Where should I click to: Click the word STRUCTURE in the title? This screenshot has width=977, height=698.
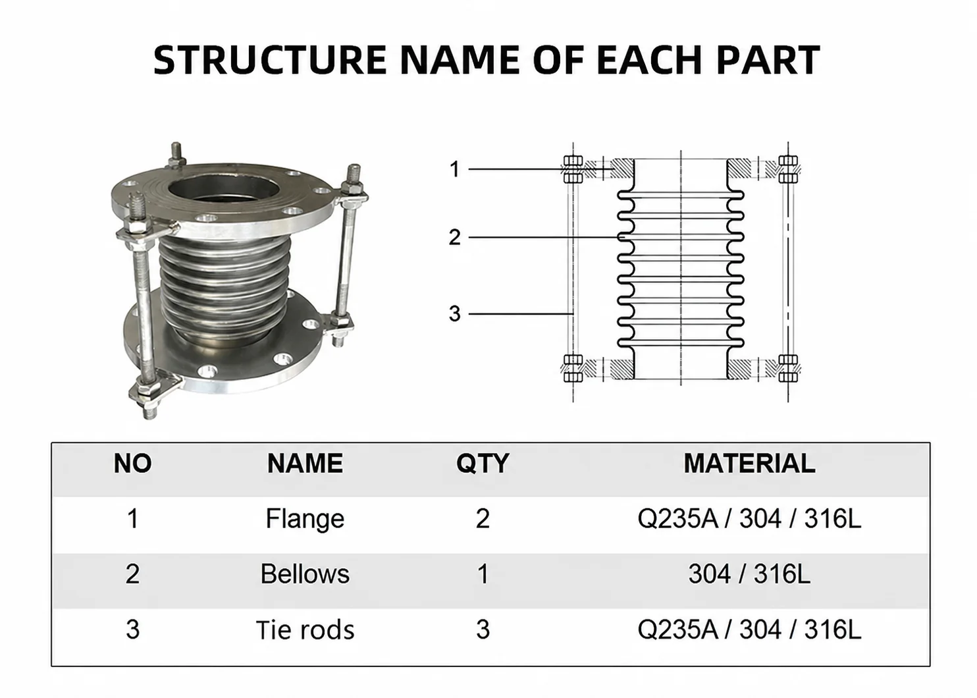(x=270, y=59)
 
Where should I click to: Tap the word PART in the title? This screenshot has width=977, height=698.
(x=768, y=59)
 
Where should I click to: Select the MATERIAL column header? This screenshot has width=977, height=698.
(x=749, y=464)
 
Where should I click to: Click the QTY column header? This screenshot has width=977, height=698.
(x=483, y=464)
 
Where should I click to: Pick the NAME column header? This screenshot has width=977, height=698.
(x=305, y=464)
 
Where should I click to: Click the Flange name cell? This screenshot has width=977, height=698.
(x=305, y=520)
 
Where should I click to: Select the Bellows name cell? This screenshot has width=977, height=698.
(x=305, y=574)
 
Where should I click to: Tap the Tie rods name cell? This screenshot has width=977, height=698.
(x=305, y=630)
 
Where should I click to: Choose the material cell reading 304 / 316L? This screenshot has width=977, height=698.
(x=749, y=574)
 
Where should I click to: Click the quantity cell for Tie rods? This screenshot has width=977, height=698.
(x=483, y=630)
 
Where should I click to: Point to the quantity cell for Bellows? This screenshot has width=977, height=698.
(x=483, y=574)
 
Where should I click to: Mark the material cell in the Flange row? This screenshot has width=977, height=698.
(x=749, y=519)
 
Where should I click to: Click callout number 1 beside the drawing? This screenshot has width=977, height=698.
(x=455, y=169)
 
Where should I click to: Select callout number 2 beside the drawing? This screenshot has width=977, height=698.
(x=454, y=237)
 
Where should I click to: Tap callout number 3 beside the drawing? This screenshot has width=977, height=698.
(x=454, y=313)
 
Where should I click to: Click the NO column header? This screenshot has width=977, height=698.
(x=132, y=464)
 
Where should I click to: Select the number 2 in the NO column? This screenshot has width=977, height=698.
(x=132, y=574)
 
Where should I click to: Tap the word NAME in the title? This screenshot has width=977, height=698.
(x=460, y=59)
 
